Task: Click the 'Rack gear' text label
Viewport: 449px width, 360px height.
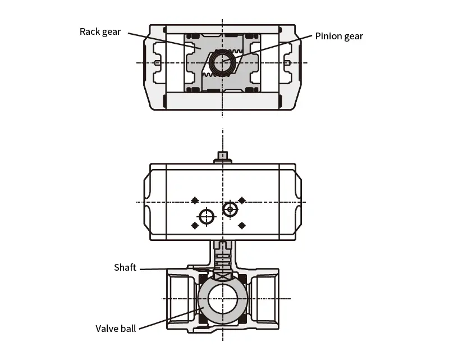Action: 100,31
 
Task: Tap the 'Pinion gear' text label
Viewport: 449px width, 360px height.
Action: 339,37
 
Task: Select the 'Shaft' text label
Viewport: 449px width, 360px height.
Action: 125,267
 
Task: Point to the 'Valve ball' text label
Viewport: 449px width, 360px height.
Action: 116,329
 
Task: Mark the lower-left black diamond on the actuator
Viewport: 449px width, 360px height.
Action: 195,225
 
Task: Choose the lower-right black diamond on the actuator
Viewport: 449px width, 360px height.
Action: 242,225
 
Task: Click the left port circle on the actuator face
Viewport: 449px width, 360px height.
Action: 207,216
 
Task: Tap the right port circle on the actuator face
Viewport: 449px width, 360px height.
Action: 230,209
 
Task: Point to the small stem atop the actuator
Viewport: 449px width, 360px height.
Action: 223,157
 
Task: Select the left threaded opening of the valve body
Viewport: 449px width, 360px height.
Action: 181,297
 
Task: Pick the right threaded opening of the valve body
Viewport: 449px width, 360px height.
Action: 264,297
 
